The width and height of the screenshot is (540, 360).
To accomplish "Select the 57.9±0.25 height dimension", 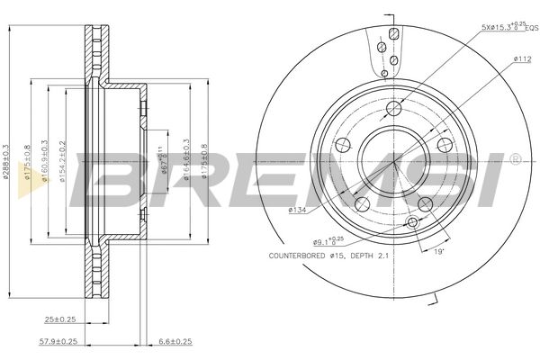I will (60, 343).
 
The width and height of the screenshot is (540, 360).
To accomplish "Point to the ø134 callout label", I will (298, 211).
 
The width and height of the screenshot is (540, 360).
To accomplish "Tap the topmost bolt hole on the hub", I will (393, 110).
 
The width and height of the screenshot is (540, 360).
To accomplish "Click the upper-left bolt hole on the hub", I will (343, 146).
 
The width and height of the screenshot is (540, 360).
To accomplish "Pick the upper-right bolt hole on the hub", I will (444, 146).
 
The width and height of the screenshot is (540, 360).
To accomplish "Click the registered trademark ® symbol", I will (514, 160).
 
